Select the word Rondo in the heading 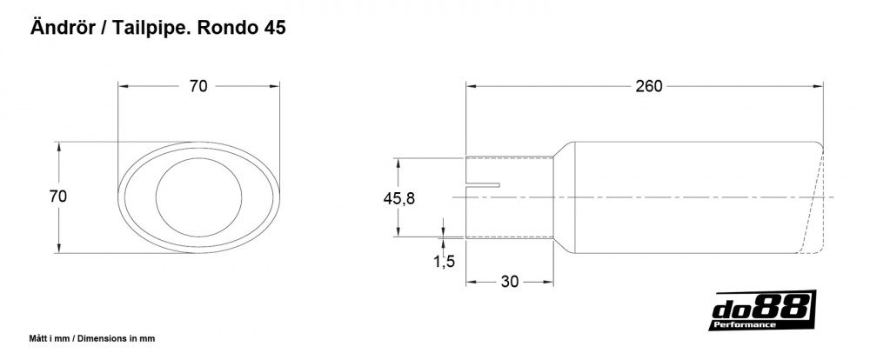click(226, 28)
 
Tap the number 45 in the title click(273, 28)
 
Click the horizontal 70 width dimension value click(198, 86)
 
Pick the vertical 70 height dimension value click(58, 197)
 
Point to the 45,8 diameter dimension click(398, 198)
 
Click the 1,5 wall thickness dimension click(444, 260)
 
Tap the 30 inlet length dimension click(511, 282)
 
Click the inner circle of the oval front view click(191, 197)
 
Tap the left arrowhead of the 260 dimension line click(471, 86)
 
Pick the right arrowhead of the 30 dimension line click(550, 282)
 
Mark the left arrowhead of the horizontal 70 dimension click(123, 86)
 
